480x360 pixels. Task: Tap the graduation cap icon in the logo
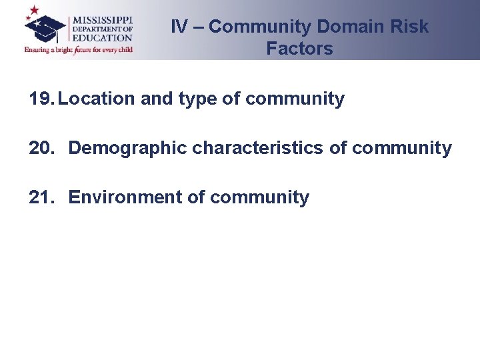pyautogui.click(x=45, y=28)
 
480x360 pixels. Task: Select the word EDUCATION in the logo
pyautogui.click(x=103, y=38)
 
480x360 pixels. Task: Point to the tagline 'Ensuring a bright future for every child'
pyautogui.click(x=79, y=49)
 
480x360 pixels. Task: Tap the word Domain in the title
pyautogui.click(x=349, y=27)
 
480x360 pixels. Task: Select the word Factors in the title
pyautogui.click(x=299, y=48)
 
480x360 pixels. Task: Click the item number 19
pyautogui.click(x=41, y=99)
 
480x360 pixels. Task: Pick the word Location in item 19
pyautogui.click(x=97, y=99)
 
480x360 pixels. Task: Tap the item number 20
pyautogui.click(x=42, y=148)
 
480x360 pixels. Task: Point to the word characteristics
pyautogui.click(x=258, y=148)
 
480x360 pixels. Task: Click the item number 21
pyautogui.click(x=42, y=197)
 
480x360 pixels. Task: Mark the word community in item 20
pyautogui.click(x=402, y=148)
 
